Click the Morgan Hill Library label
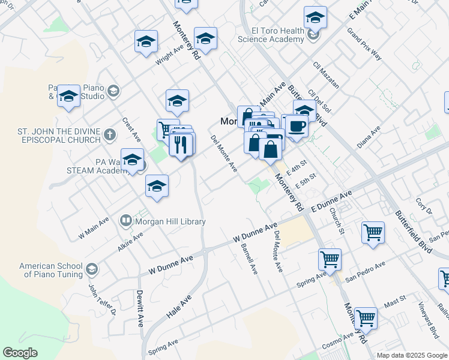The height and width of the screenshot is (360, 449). [170, 221]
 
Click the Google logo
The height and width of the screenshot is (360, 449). [20, 353]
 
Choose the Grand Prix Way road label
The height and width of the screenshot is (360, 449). [364, 44]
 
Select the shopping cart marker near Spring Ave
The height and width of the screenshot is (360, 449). [330, 260]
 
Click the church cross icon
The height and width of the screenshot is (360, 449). [109, 135]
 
